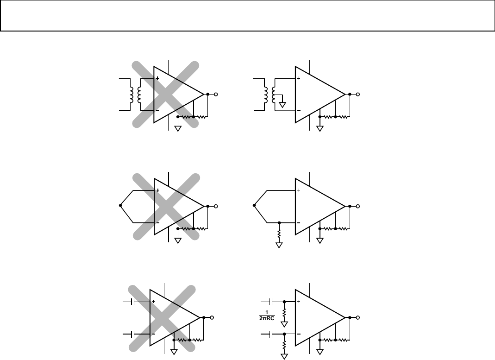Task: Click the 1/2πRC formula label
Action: [267, 316]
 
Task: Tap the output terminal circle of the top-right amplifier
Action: [357, 94]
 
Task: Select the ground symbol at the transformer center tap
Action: [282, 105]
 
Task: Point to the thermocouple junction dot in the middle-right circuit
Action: [254, 206]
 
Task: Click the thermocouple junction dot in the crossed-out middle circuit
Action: [120, 206]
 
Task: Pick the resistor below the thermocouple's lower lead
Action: [279, 234]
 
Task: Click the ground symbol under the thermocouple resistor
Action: [279, 245]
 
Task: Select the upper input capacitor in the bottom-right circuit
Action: [271, 302]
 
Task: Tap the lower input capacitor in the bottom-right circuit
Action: [271, 334]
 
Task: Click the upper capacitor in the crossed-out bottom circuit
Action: [133, 302]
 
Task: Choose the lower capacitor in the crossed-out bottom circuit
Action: [133, 334]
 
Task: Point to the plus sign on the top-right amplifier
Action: [299, 78]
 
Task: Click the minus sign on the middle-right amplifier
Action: [299, 223]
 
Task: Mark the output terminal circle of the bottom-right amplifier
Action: [357, 317]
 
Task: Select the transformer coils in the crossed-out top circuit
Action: [135, 95]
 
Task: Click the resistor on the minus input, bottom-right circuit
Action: [284, 345]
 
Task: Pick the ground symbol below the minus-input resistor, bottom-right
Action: [284, 357]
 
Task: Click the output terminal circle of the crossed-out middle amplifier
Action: [216, 206]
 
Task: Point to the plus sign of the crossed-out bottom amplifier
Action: [153, 302]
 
